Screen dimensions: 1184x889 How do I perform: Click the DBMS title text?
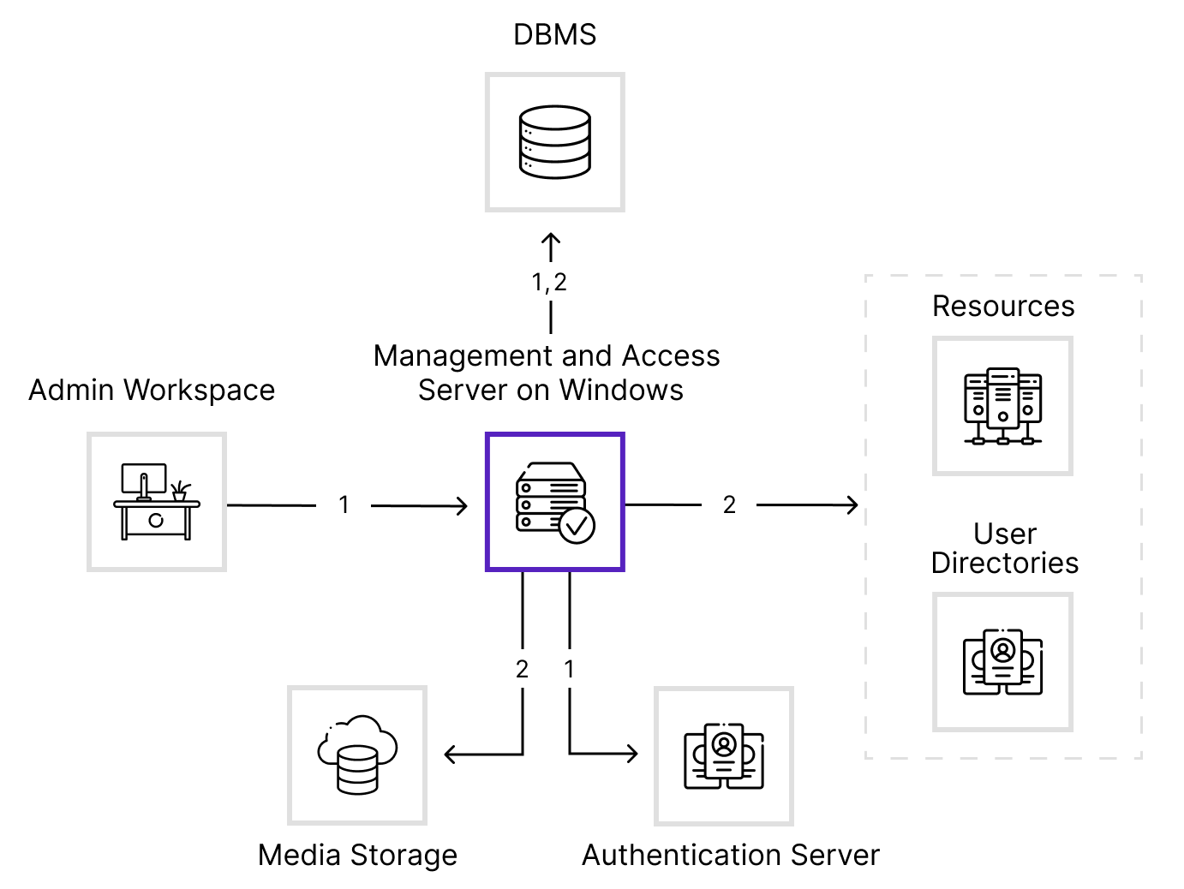click(554, 34)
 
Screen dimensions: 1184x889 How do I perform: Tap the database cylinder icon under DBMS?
click(554, 142)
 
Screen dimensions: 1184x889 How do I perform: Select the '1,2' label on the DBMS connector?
click(549, 283)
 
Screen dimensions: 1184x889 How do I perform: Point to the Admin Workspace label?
click(152, 390)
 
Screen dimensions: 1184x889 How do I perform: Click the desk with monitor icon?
click(157, 501)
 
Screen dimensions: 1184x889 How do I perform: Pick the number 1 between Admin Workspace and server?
click(344, 505)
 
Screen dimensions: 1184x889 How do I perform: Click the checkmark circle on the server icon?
click(577, 526)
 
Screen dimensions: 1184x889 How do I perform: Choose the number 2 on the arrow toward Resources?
click(729, 505)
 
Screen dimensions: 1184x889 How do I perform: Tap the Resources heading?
click(1003, 307)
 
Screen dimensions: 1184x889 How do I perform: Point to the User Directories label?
click(1004, 548)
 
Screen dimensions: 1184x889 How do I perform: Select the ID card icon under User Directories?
click(1002, 662)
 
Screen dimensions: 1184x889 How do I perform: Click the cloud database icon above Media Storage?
click(357, 755)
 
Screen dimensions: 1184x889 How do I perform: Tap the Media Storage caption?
click(357, 855)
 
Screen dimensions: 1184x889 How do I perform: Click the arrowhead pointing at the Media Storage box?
click(451, 755)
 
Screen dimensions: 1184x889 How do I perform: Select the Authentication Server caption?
click(730, 855)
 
